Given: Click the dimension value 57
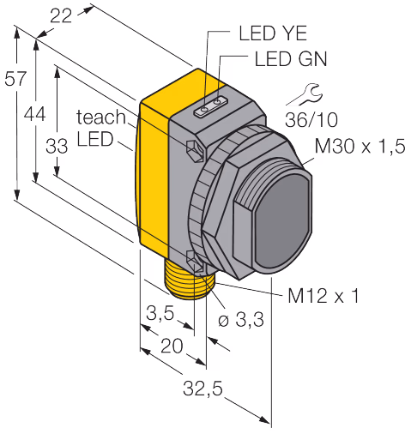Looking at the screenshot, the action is pos(15,79).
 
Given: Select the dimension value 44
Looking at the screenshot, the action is pos(34,114).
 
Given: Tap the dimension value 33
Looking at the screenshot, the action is pos(57,146).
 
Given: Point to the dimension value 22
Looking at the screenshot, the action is pos(61,16).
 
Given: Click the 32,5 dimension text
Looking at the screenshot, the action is pos(202,389).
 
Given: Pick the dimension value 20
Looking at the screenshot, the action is pos(172,346).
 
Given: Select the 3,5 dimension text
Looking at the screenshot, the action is pos(160,313).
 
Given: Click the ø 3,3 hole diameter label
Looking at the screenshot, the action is pos(241,319).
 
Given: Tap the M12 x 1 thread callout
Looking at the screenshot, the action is pos(323,295).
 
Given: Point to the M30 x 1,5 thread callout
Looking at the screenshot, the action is pos(360,146).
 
